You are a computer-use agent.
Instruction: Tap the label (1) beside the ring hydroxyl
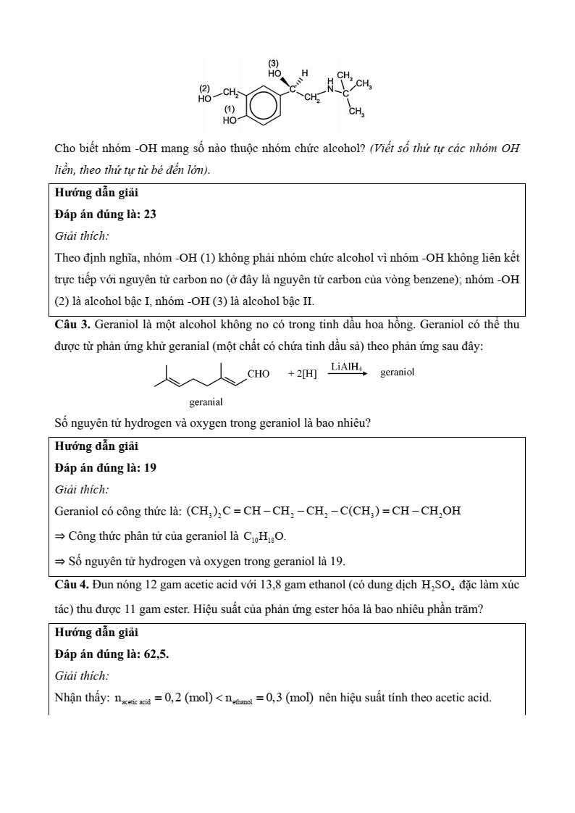tap(230, 109)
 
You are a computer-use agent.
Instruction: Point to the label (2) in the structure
tap(204, 88)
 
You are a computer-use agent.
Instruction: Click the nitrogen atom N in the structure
tap(331, 89)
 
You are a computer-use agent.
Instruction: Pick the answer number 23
tap(150, 214)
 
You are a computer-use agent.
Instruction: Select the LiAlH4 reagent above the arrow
tap(346, 367)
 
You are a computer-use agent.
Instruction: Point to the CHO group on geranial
tap(259, 374)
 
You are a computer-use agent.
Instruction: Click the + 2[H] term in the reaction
tap(302, 374)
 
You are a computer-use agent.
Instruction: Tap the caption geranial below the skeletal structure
tap(206, 401)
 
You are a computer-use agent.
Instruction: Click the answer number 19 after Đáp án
tap(150, 467)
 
